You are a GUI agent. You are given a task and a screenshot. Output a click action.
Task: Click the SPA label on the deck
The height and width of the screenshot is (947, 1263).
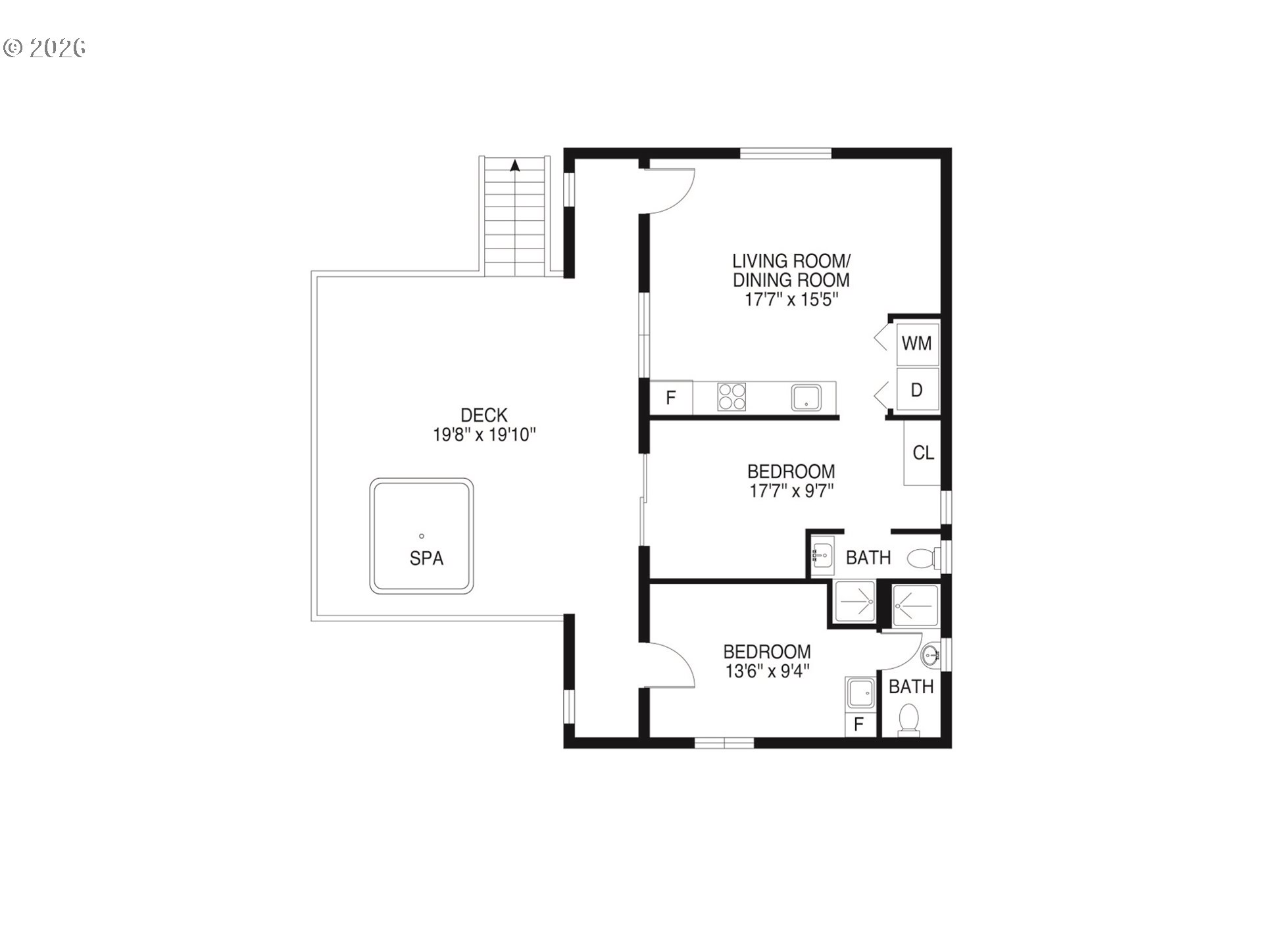point(426,558)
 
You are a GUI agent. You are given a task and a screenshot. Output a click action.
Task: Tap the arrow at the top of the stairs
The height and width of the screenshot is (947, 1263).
point(515,166)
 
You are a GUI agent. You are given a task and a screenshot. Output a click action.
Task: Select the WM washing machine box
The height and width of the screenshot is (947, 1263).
point(917,343)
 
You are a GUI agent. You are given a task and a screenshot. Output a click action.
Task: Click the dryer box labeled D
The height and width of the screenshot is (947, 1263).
point(917,389)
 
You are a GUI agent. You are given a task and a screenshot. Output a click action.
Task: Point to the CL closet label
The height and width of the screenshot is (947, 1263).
point(924,452)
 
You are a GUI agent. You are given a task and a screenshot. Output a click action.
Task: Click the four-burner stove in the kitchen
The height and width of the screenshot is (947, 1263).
point(731,397)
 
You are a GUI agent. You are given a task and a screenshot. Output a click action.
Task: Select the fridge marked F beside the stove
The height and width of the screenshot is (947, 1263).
point(671,397)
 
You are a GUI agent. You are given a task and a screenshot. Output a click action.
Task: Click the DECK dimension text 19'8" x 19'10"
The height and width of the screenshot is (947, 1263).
point(485,435)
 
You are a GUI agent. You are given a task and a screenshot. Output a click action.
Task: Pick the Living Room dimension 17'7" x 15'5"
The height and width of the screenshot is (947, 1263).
point(791,299)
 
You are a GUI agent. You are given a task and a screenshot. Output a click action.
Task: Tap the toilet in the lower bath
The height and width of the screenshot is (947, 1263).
point(909,719)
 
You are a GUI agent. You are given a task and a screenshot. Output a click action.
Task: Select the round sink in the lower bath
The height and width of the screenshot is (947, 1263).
point(930,654)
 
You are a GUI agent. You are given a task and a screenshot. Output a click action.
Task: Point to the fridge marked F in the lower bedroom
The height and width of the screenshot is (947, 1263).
point(859,724)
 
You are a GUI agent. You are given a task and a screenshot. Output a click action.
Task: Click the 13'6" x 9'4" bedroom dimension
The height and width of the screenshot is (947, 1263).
point(766,671)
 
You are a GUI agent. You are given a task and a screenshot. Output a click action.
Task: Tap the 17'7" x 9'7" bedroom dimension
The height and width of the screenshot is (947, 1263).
point(791,491)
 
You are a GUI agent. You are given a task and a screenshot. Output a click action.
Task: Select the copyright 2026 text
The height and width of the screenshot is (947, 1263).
point(45,48)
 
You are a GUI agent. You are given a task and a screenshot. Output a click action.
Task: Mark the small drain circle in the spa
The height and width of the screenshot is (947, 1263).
point(422,536)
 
